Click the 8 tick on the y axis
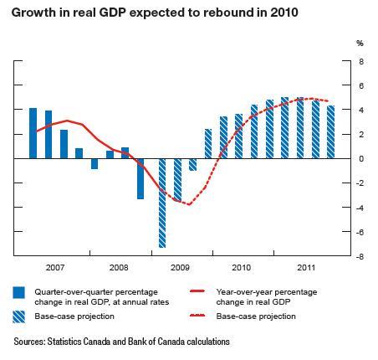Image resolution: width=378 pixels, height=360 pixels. (360, 61)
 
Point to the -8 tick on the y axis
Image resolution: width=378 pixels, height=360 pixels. (360, 257)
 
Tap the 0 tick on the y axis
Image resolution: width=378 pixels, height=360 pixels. (360, 159)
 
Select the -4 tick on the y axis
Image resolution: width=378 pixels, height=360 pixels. (360, 208)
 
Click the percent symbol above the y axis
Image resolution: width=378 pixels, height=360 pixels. (360, 43)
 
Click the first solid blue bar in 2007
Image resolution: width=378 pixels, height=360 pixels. (33, 133)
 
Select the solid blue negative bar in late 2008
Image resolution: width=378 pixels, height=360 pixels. (140, 178)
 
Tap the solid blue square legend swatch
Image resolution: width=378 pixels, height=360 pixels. (19, 291)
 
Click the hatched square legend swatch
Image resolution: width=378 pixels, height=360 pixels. (19, 317)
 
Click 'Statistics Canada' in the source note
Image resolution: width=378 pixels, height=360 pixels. (79, 342)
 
